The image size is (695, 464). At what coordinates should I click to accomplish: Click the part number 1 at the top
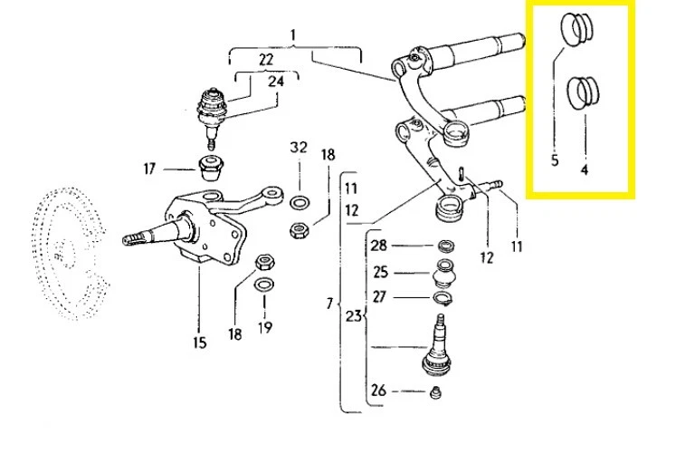click(293, 35)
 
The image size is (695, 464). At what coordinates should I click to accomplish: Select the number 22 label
click(265, 59)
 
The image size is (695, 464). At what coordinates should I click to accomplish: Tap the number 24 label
click(276, 81)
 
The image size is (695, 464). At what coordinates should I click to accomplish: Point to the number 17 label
click(149, 169)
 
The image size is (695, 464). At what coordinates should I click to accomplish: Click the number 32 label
click(299, 148)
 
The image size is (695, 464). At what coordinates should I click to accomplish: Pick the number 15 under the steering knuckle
click(199, 342)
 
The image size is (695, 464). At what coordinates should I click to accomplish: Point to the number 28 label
click(378, 246)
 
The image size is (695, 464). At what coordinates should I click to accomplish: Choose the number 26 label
click(378, 391)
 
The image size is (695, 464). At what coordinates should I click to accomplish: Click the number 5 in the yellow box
click(555, 160)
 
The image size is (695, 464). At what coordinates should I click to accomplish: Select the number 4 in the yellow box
click(585, 169)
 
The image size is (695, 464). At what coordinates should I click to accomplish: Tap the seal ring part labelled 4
click(585, 92)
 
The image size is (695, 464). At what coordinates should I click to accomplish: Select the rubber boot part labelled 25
click(445, 272)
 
